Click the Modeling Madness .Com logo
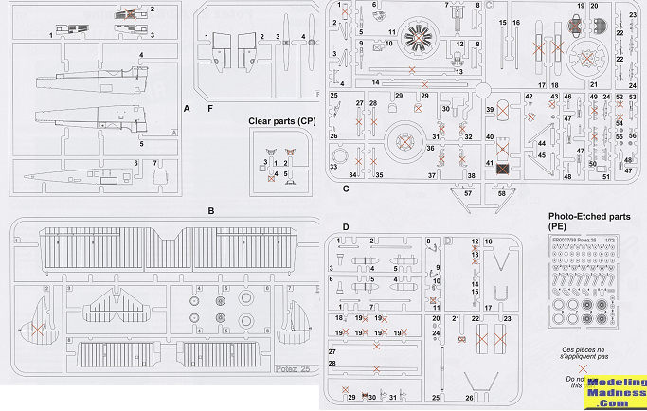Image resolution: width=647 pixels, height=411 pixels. click(616, 390)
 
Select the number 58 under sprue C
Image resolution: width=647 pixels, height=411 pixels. click(501, 193)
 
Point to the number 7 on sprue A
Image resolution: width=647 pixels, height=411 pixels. click(157, 163)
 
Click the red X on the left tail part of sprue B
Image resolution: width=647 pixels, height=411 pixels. click(36, 329)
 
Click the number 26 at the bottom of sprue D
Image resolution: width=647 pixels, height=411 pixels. click(469, 397)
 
